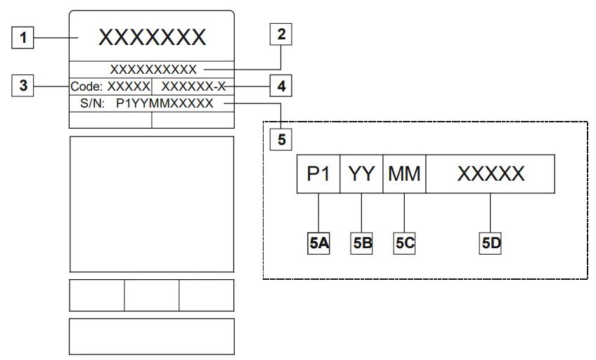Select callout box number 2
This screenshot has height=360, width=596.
[x=282, y=34]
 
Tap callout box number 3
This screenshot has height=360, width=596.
[x=24, y=86]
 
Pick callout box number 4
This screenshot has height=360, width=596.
[x=282, y=86]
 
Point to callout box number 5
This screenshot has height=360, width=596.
[x=282, y=139]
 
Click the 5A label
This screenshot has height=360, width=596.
[x=319, y=243]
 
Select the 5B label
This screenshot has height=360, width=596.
[x=361, y=243]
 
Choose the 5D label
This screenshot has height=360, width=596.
[x=491, y=243]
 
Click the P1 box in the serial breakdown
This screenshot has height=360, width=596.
[x=319, y=174]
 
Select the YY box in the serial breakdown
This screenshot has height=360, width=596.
[x=361, y=174]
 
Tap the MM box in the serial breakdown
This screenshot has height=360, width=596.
[x=405, y=174]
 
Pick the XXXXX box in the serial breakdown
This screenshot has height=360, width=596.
[x=491, y=174]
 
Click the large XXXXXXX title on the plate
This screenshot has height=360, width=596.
[x=152, y=37]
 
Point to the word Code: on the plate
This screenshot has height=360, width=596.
[x=86, y=86]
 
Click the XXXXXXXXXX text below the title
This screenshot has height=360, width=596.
[x=154, y=69]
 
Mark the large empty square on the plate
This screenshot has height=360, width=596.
[x=152, y=203]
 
